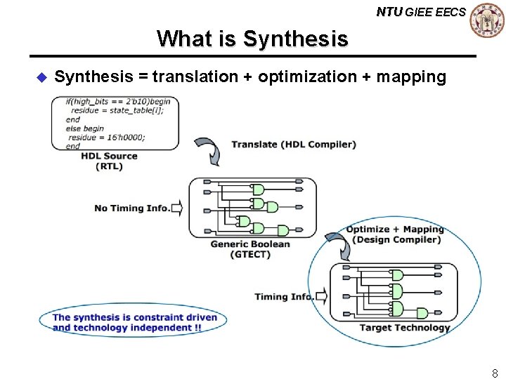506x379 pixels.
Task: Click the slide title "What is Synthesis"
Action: click(x=252, y=38)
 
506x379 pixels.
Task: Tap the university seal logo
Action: click(x=487, y=20)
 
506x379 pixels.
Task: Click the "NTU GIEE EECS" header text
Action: click(x=420, y=12)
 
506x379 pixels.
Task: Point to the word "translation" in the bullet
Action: click(x=191, y=77)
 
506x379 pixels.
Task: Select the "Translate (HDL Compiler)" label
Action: click(x=294, y=145)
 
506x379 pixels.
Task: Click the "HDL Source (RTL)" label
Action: click(x=109, y=161)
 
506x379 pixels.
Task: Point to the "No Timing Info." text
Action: click(x=131, y=208)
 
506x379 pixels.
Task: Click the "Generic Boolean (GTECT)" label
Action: click(x=249, y=249)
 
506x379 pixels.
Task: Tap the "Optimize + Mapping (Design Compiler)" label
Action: click(x=396, y=234)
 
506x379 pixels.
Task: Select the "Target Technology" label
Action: click(x=404, y=328)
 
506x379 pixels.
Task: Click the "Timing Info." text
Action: click(x=284, y=296)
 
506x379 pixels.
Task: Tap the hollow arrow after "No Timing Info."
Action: click(x=176, y=208)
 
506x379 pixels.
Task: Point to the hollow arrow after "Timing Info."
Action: click(x=321, y=296)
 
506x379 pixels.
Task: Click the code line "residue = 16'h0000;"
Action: click(x=107, y=138)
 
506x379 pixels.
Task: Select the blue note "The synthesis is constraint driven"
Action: click(x=135, y=317)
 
